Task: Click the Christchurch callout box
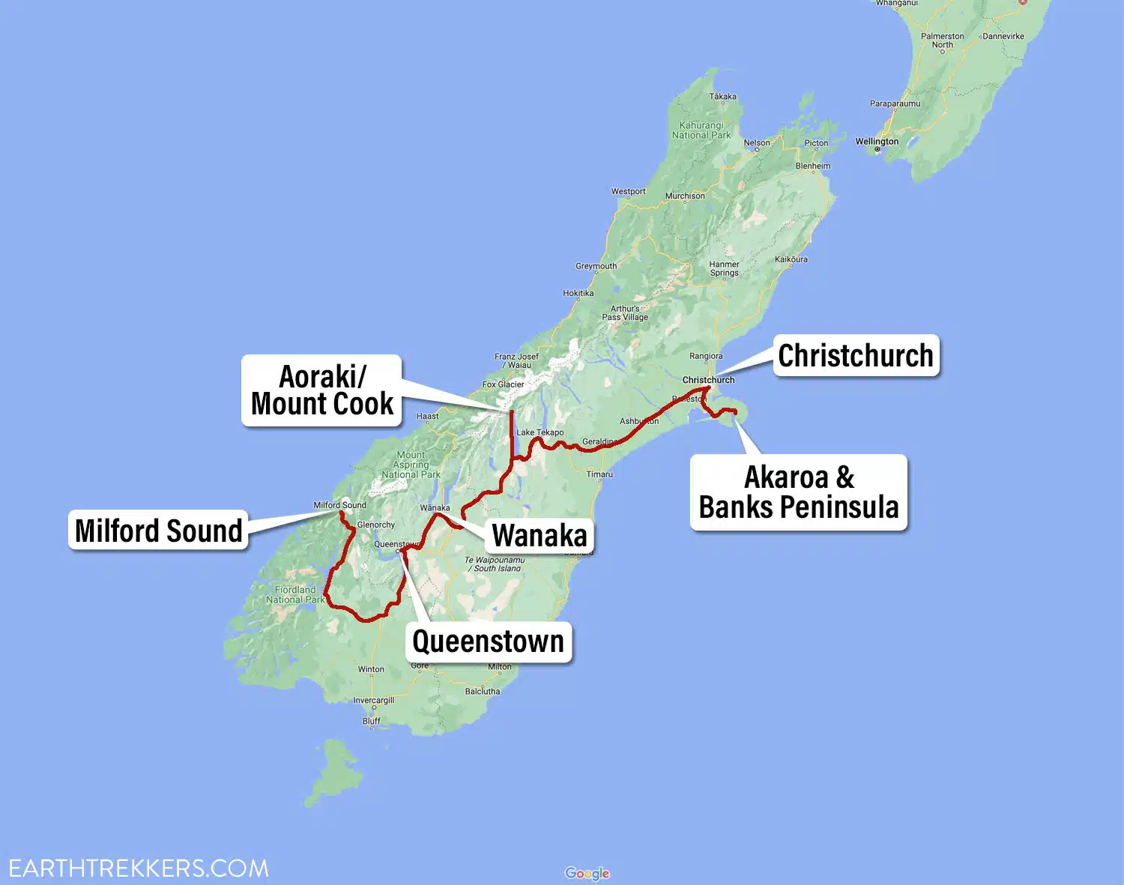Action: pyautogui.click(x=856, y=355)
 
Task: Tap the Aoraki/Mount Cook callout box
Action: pyautogui.click(x=321, y=390)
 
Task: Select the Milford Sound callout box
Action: pyautogui.click(x=158, y=531)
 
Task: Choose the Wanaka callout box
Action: pyautogui.click(x=540, y=536)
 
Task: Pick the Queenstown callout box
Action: pyautogui.click(x=488, y=641)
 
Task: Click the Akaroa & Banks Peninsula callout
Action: pyautogui.click(x=799, y=492)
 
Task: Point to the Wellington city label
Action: pyautogui.click(x=877, y=142)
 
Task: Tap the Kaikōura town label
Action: pyautogui.click(x=791, y=259)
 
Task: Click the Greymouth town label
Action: pyautogui.click(x=596, y=266)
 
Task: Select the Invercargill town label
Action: pyautogui.click(x=374, y=701)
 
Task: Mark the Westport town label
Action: pyautogui.click(x=628, y=192)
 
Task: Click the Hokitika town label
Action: pyautogui.click(x=578, y=294)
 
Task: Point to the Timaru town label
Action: pyautogui.click(x=599, y=474)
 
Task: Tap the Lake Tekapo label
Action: pyautogui.click(x=540, y=432)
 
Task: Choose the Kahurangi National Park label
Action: pyautogui.click(x=701, y=130)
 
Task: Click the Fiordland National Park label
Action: pyautogui.click(x=295, y=595)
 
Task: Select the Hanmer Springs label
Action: pyautogui.click(x=724, y=268)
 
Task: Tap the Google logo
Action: pyautogui.click(x=587, y=873)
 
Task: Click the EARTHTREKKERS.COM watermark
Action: pyautogui.click(x=139, y=869)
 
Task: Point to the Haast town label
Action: pyautogui.click(x=427, y=417)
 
